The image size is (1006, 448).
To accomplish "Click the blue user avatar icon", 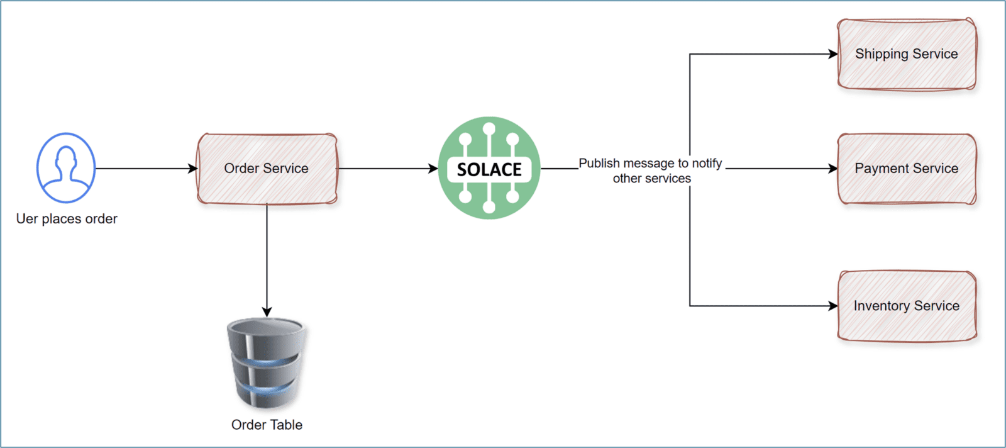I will tap(66, 167).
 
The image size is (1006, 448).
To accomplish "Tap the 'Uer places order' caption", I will tap(67, 219).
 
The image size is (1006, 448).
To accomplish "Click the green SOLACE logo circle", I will tap(489, 135).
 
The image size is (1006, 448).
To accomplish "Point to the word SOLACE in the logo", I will tap(489, 169).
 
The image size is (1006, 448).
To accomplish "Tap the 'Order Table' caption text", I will tap(267, 425).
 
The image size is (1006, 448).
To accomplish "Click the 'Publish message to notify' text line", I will tap(650, 163).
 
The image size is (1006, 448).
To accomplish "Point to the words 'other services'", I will tap(652, 179).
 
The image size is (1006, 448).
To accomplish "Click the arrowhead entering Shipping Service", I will tap(833, 54).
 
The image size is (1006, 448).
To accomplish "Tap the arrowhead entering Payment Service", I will tap(833, 169).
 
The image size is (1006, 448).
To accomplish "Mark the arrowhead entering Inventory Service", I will tap(833, 306).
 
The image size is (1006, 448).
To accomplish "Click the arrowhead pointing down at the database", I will tap(267, 312).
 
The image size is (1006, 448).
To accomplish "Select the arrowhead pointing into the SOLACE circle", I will tap(433, 169).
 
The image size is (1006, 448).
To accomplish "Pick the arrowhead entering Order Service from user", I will tap(193, 169).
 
